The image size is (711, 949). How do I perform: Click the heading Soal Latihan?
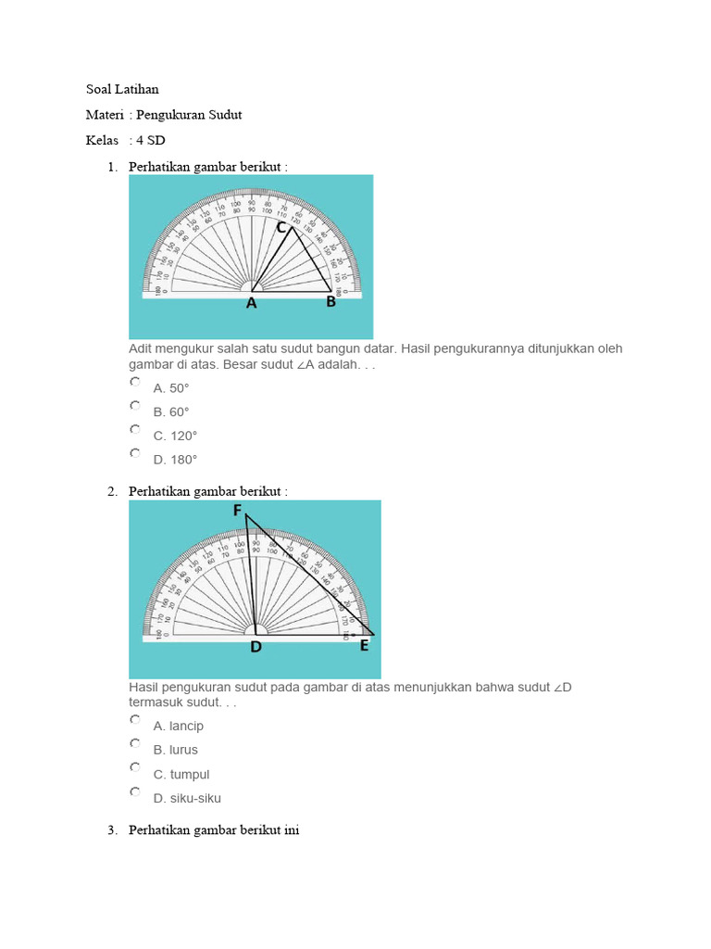[x=122, y=90]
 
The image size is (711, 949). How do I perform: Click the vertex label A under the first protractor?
[x=251, y=303]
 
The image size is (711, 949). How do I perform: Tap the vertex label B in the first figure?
[x=331, y=301]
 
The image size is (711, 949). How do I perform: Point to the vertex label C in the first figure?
[x=281, y=225]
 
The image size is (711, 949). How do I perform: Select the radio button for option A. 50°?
[x=135, y=382]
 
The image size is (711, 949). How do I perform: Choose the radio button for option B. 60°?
[x=135, y=406]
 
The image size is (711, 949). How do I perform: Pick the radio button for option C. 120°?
[x=135, y=430]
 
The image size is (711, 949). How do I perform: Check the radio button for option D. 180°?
[x=135, y=454]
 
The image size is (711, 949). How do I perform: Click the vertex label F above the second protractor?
[x=238, y=511]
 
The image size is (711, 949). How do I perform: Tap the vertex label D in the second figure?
[x=256, y=648]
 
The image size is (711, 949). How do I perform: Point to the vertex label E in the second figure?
[x=365, y=646]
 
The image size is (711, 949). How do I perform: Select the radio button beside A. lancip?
[x=135, y=720]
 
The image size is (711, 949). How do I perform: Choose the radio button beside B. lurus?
[x=135, y=744]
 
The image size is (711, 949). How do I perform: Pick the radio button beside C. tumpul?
[x=135, y=768]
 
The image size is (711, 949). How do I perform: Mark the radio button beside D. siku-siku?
[x=135, y=792]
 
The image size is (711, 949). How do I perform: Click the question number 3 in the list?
[x=111, y=830]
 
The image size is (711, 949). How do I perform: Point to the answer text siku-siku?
[x=193, y=799]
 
